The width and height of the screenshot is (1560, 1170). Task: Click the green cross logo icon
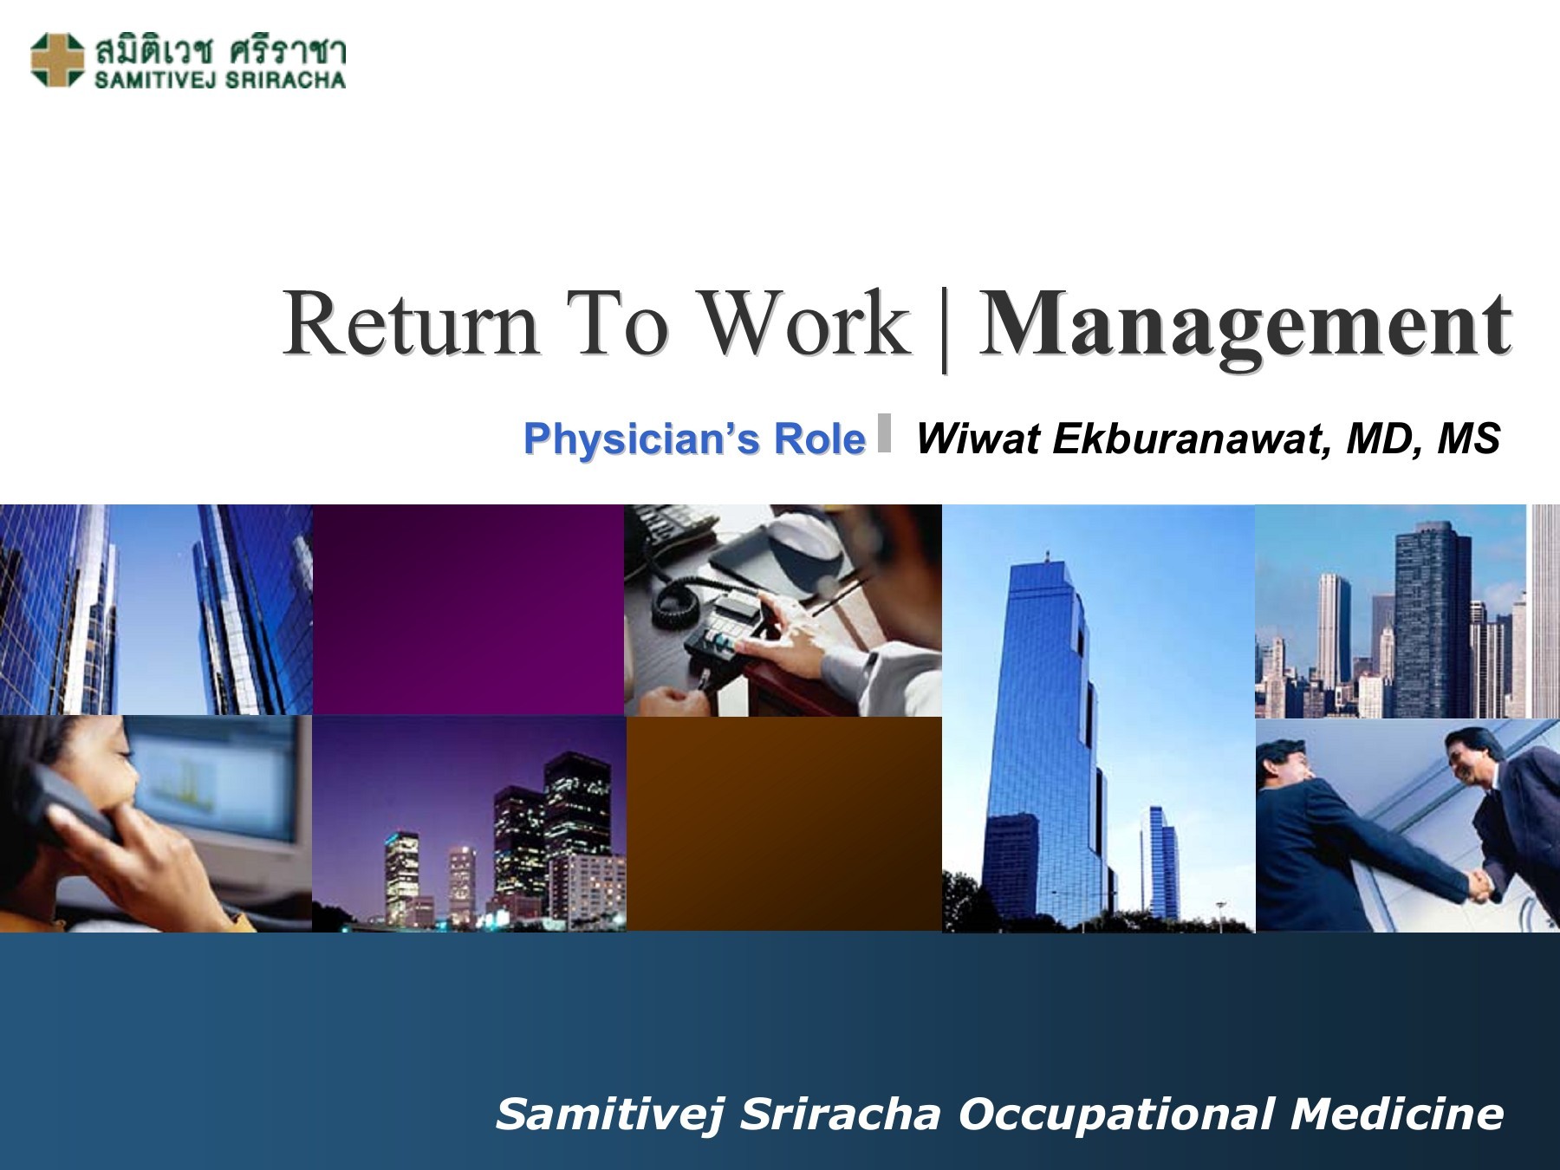tap(56, 60)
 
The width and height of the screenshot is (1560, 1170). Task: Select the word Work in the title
tap(803, 323)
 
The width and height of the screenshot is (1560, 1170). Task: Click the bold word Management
tap(1245, 326)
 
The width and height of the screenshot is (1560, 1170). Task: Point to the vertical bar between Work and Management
tap(944, 329)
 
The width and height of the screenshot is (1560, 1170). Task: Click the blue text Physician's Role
tap(694, 439)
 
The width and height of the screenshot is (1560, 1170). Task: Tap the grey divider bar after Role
tap(884, 432)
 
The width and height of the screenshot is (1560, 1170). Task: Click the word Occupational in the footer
tap(1117, 1114)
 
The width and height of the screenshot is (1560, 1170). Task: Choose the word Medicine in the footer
tap(1397, 1114)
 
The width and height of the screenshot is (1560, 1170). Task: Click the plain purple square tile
tap(468, 609)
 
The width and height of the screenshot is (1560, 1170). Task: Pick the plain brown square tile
tap(783, 823)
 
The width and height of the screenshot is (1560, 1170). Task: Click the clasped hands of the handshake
tap(1480, 886)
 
